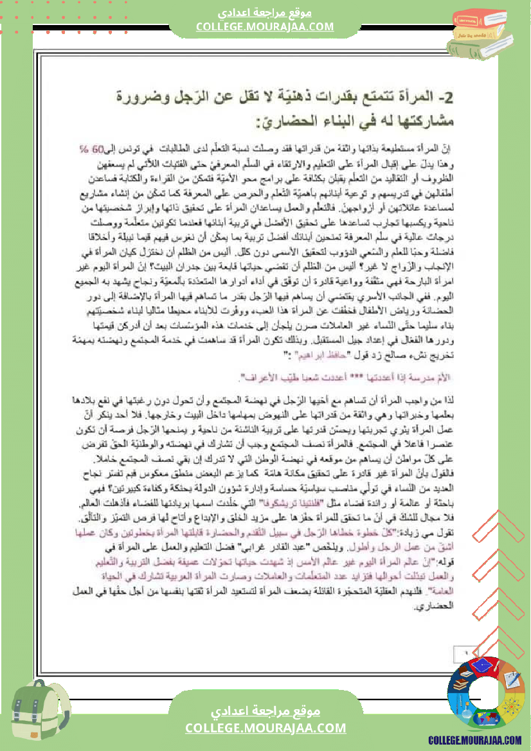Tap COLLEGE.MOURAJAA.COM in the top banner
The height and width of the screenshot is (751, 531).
point(265,26)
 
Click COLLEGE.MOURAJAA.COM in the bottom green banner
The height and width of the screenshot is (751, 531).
point(265,728)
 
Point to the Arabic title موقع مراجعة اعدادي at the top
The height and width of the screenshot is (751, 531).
point(265,12)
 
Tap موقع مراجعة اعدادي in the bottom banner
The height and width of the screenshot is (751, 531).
point(265,712)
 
